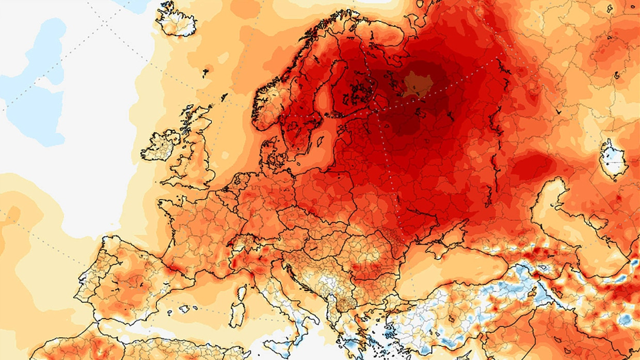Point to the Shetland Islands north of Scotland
(225, 96)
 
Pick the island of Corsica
(241, 294)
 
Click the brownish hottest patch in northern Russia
(416, 84)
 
